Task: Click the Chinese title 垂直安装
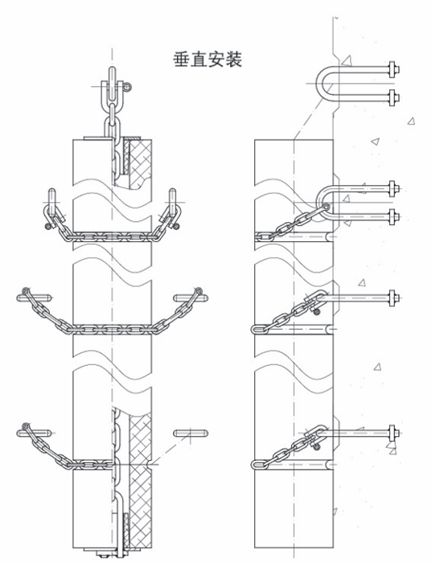coord(208,60)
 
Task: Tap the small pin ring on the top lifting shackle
coord(126,86)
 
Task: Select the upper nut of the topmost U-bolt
coord(393,70)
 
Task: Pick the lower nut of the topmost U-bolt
coord(393,97)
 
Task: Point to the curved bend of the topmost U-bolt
coord(322,84)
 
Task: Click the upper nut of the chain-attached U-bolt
coord(393,188)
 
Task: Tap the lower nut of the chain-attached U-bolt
coord(393,216)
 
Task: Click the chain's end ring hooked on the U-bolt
coord(326,207)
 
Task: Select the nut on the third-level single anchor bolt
coord(393,298)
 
